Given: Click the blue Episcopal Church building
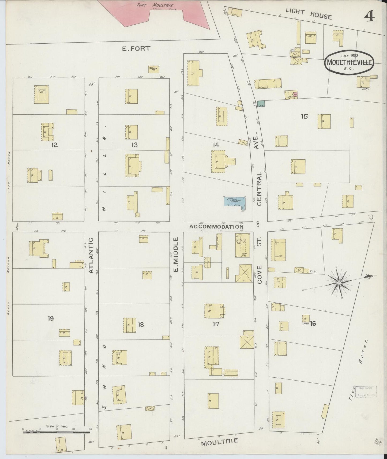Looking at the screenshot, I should pos(235,201).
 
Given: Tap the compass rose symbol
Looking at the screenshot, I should pos(339,283).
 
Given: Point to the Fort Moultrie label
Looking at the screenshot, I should pos(152,5).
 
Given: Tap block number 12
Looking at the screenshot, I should pos(55,145).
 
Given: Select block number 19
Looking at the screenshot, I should pos(51,318).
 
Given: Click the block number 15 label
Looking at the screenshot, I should pos(304,116).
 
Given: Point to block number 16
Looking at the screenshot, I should pos(313,323).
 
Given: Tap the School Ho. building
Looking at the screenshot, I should pos(154,69).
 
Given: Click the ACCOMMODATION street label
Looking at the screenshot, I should pos(216,227).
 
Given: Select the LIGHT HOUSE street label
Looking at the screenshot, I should pos(308,13).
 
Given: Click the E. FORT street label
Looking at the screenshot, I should pos(136,48).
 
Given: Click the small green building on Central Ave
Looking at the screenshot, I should pos(261,104).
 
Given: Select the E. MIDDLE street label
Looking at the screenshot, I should pos(176,254).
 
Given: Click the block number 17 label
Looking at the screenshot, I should pos(216,324).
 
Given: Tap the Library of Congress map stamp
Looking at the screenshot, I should pos(365,391).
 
